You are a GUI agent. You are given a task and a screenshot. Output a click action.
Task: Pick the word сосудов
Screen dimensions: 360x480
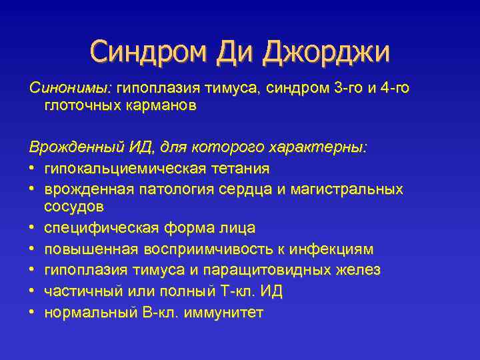(x=73, y=206)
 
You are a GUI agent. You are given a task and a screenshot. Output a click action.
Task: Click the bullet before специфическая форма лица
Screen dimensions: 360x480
(x=33, y=228)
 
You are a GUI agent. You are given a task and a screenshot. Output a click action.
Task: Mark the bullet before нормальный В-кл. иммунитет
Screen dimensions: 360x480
(x=33, y=312)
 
